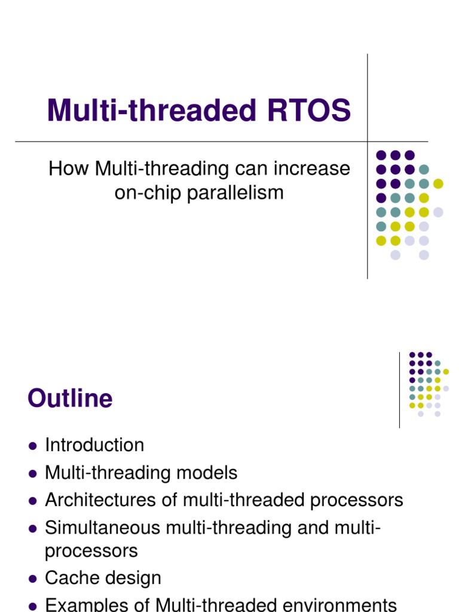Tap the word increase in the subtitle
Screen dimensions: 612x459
point(313,169)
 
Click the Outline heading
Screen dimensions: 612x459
point(70,399)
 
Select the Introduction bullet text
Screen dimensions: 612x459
point(94,445)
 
